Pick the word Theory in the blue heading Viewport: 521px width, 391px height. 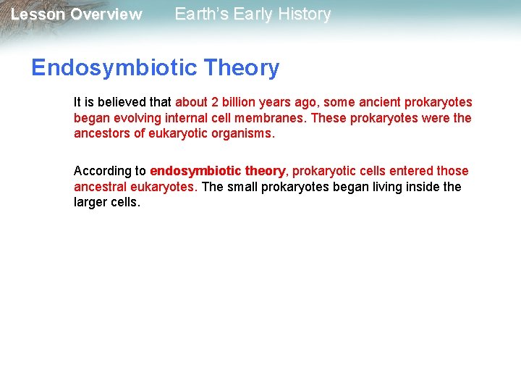point(241,68)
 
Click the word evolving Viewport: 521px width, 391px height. point(133,118)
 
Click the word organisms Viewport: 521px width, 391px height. point(244,133)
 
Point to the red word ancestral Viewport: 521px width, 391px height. point(100,187)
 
